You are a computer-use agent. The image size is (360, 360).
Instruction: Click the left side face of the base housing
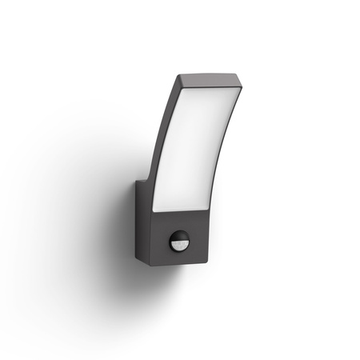[143, 228]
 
